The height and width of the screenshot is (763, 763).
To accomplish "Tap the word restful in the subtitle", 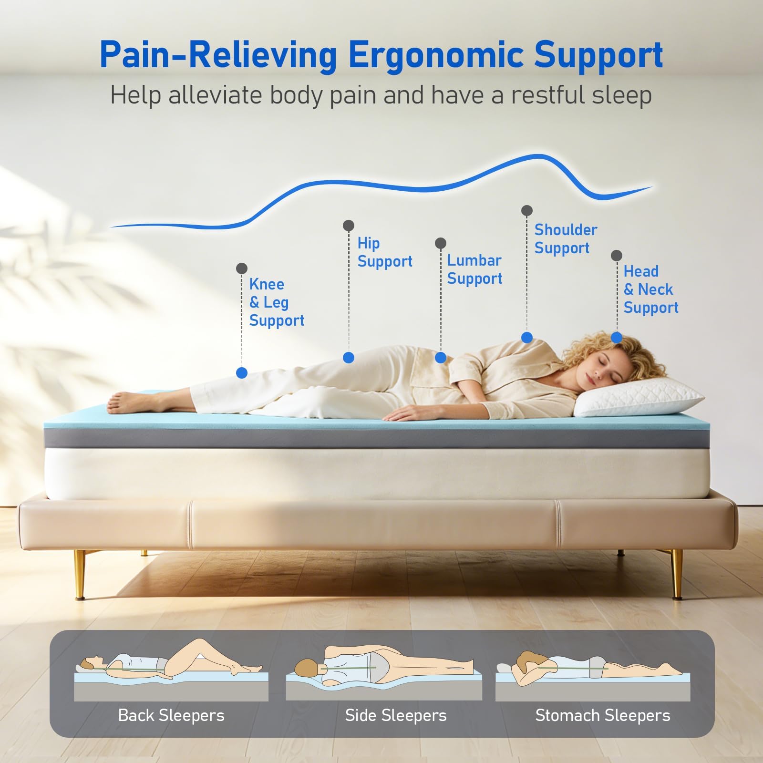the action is (x=547, y=95).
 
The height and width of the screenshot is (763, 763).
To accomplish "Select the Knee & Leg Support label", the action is (x=277, y=302).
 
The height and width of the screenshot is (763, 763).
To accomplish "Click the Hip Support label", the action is (x=385, y=252).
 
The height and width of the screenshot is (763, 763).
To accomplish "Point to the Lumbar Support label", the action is (x=474, y=269).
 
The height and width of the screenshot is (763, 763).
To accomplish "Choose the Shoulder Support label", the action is (x=566, y=239).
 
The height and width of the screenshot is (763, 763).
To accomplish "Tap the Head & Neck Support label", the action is (x=651, y=289).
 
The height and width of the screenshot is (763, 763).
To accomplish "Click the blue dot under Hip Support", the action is (x=349, y=357).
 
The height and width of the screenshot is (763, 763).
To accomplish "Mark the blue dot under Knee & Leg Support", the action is (x=242, y=373).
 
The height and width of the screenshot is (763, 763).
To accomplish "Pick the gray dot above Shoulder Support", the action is (x=527, y=210).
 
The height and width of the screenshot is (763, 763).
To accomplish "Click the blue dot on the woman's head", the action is (x=617, y=338).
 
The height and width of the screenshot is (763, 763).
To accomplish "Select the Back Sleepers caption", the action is (x=171, y=715).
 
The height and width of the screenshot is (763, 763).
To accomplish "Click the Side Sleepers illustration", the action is (x=384, y=672).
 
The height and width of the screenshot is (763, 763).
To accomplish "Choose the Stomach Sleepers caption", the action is (x=603, y=715).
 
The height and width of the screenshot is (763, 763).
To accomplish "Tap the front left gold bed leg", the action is (x=80, y=574).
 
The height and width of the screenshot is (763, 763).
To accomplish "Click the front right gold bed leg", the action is (x=677, y=574).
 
